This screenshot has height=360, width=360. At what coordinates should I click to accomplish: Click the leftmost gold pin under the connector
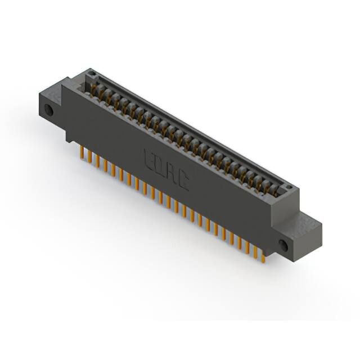tap(83, 154)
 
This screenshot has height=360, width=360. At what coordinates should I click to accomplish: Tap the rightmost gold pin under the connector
tap(263, 256)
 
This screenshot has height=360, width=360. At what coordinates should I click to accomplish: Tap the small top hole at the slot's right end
tap(288, 188)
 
